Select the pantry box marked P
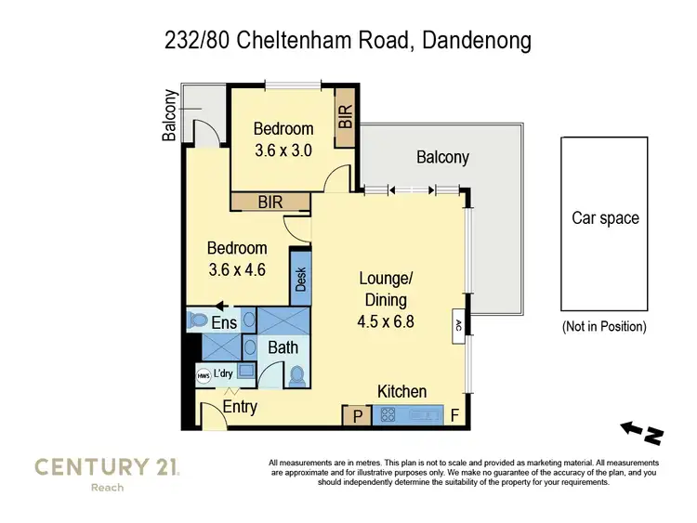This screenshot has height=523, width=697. tap(356, 416)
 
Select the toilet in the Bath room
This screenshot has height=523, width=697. tap(296, 376)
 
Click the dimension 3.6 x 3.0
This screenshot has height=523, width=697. tap(284, 149)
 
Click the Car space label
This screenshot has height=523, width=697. tap(605, 218)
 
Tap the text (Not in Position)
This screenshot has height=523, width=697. tap(605, 327)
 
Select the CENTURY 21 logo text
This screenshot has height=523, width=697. tap(108, 466)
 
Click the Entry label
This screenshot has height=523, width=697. tap(240, 407)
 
